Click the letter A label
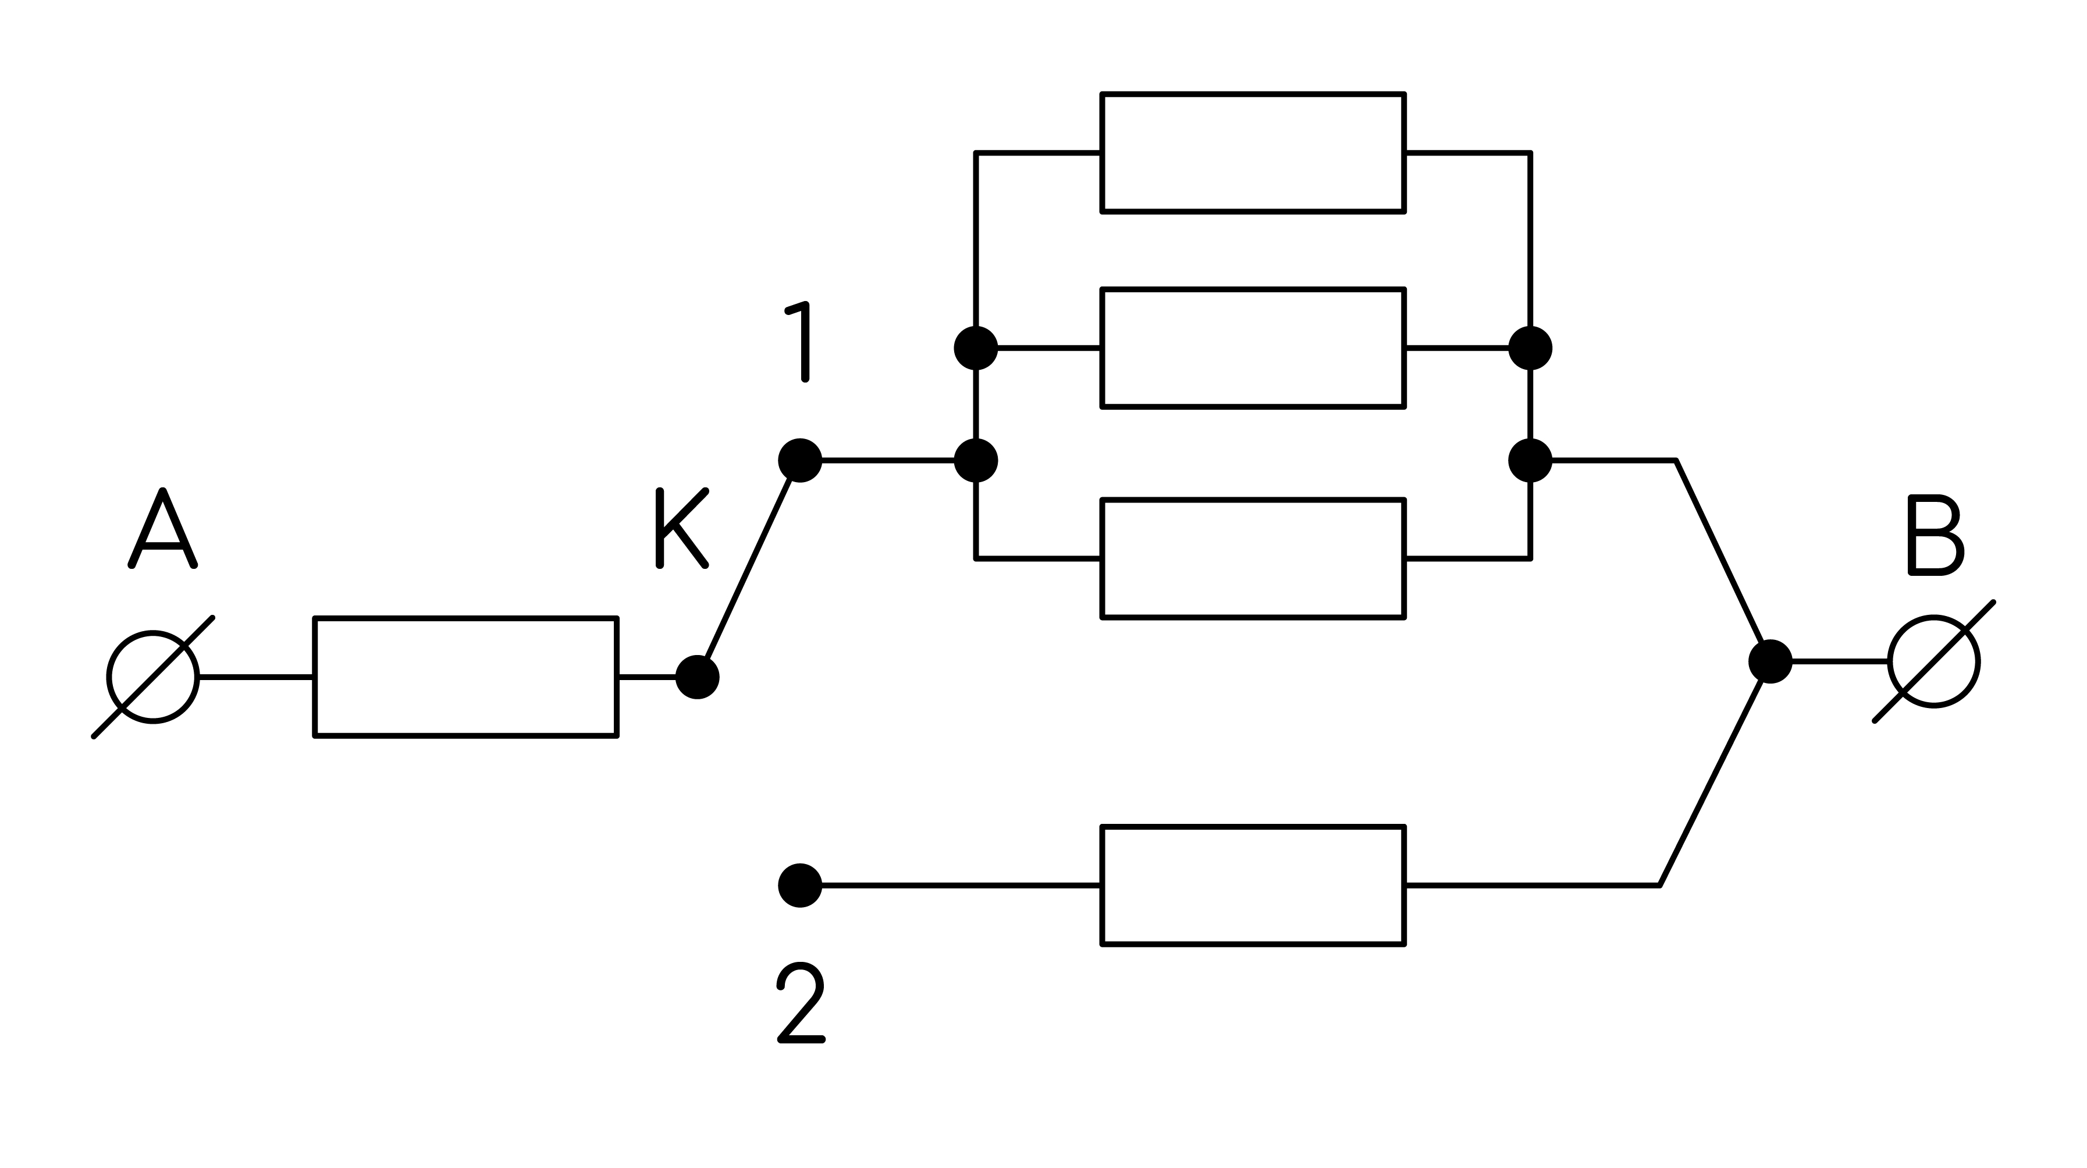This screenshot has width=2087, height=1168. [x=163, y=528]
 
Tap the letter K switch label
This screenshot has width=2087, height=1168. [x=681, y=528]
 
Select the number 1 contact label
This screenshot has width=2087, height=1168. [x=798, y=341]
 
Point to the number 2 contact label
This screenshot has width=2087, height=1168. [x=801, y=1003]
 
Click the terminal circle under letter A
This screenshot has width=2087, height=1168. [x=152, y=677]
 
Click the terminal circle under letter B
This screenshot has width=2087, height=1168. [x=1935, y=661]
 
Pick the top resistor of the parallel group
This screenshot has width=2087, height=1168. [x=1253, y=153]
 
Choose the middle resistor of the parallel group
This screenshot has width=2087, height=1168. [x=1253, y=348]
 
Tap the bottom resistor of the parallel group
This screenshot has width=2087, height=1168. [x=1253, y=558]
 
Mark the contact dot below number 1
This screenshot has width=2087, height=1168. [x=799, y=461]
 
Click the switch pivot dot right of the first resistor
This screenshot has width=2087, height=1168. [x=698, y=677]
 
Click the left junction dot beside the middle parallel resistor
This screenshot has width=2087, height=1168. [x=976, y=348]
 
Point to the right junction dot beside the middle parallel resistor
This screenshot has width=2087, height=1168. [x=1530, y=348]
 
